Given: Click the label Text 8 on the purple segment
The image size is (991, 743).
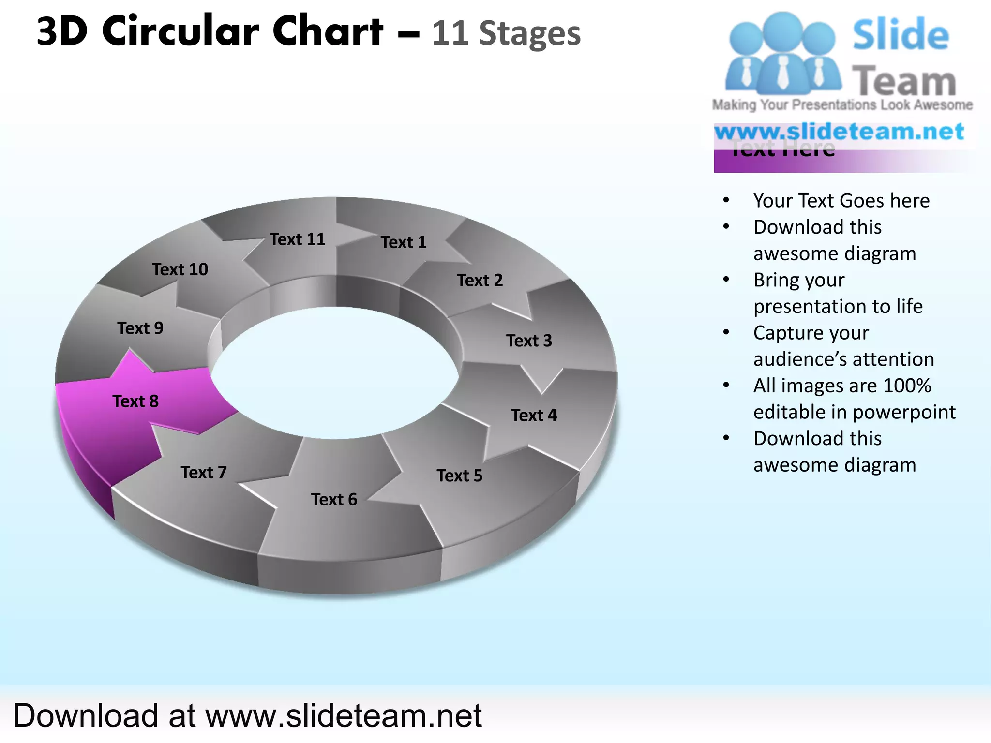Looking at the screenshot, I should (x=135, y=401).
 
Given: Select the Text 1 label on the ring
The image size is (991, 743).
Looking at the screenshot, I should (x=404, y=242).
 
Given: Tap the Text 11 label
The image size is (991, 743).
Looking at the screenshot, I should (x=298, y=239).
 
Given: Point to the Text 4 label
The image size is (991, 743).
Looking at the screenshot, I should (x=534, y=415).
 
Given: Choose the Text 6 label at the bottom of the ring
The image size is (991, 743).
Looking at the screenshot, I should (x=334, y=499).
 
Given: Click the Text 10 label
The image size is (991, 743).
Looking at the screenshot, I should (x=180, y=269).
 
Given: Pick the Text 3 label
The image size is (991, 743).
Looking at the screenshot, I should (x=529, y=341).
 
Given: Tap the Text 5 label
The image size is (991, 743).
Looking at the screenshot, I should (x=460, y=476).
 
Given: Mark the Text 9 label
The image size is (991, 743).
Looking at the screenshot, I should (x=140, y=328).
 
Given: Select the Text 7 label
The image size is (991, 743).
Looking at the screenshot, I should (x=204, y=472).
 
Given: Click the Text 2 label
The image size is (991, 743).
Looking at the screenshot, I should (x=480, y=280).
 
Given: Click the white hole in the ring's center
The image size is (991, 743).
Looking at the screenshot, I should (x=334, y=372).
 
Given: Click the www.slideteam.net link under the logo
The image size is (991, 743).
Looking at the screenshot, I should (x=840, y=132).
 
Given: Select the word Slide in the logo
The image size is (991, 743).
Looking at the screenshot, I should (x=901, y=35).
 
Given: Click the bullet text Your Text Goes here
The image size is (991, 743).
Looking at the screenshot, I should (x=841, y=200).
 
